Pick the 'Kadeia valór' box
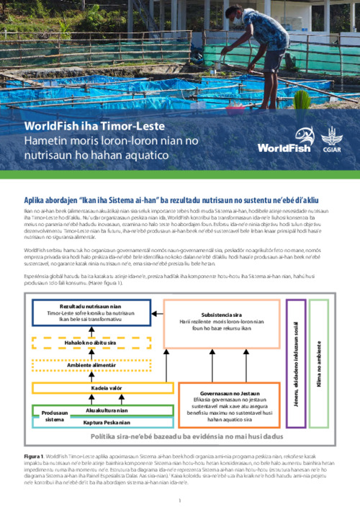(104, 388)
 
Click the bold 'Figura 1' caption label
(35, 456)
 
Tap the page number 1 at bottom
(179, 500)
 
